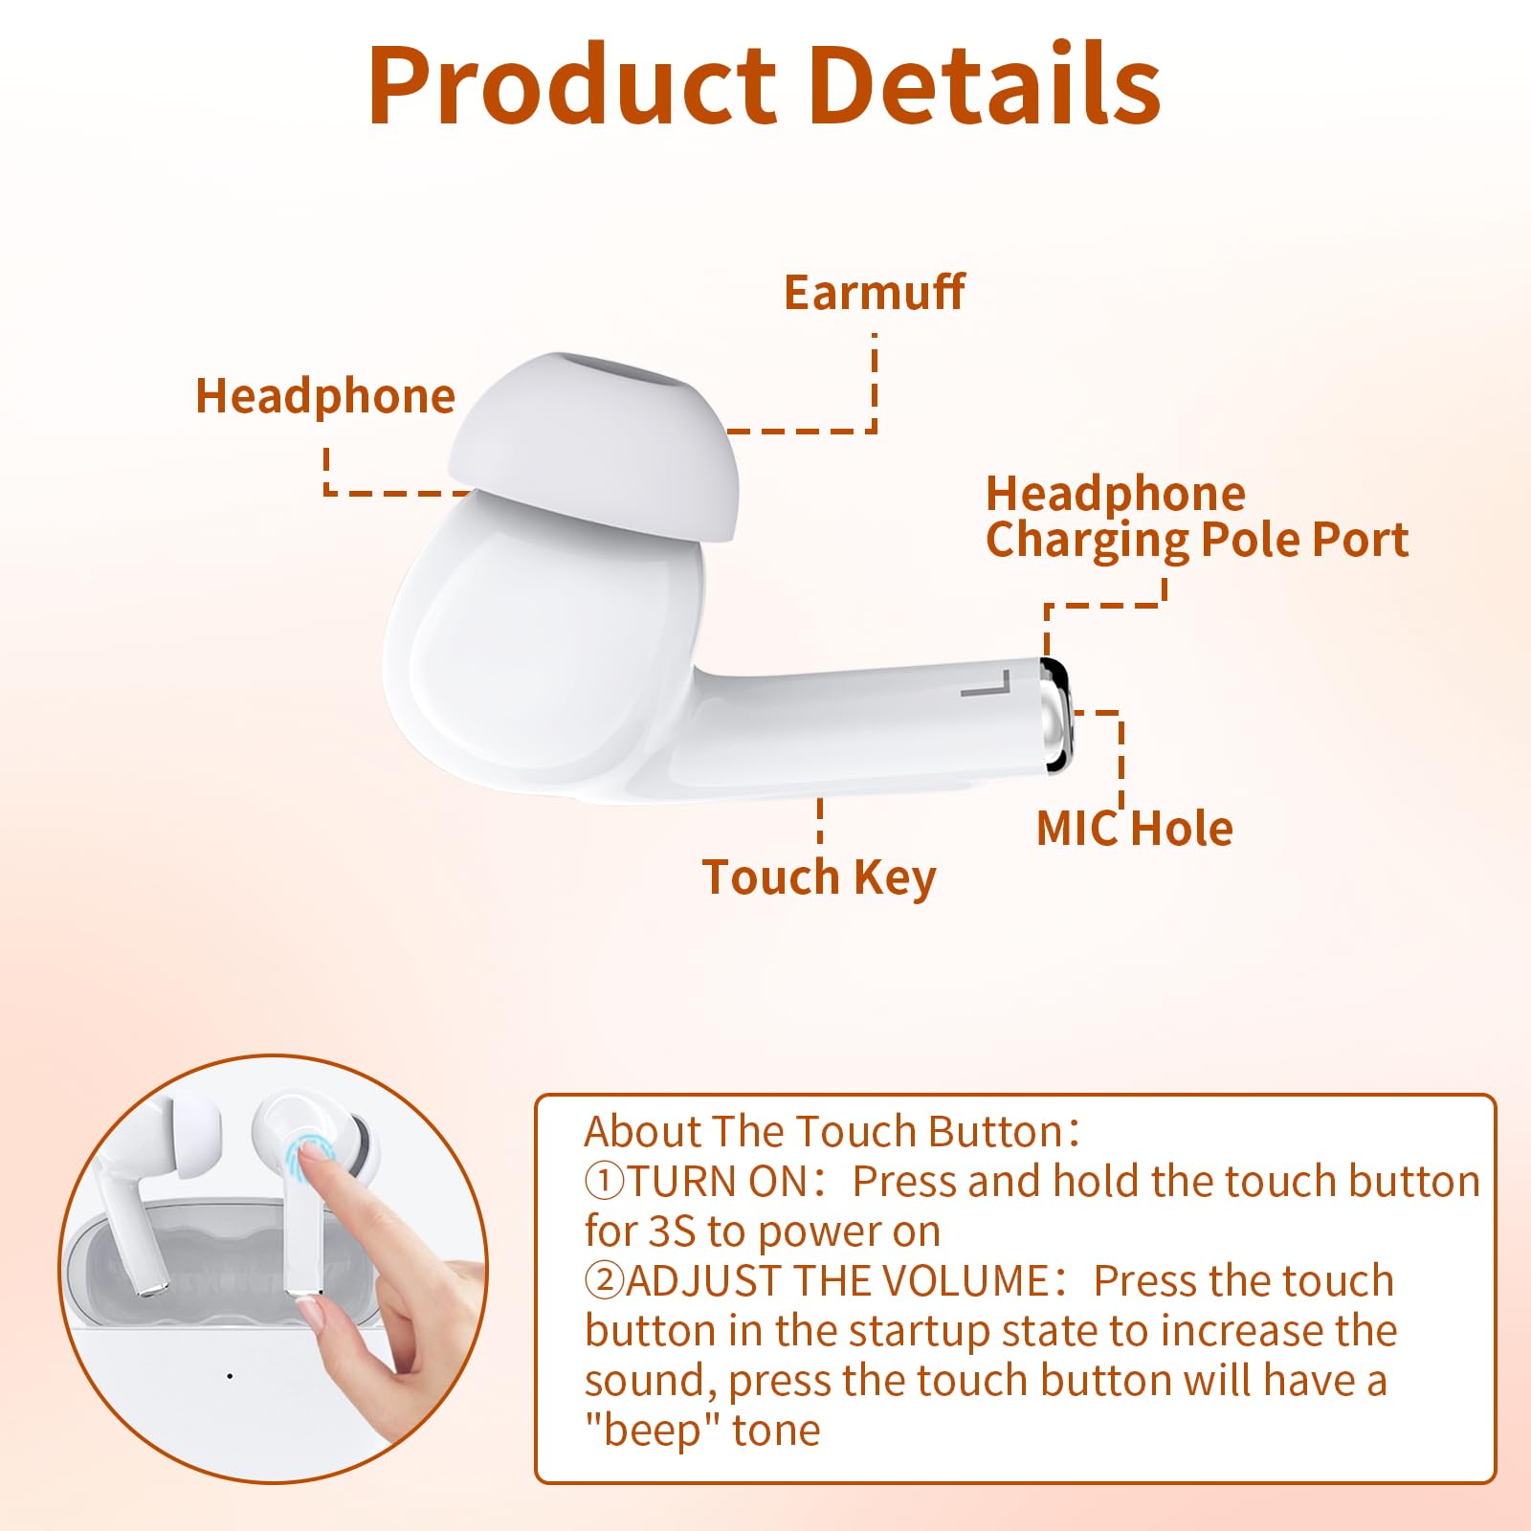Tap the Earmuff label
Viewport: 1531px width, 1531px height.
point(874,292)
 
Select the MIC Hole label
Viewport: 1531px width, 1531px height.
point(1135,829)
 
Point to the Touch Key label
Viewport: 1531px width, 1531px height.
point(819,877)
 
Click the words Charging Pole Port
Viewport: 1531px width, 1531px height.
point(1196,540)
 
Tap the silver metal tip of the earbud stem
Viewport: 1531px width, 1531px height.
point(1056,714)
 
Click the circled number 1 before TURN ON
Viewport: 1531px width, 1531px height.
point(604,1182)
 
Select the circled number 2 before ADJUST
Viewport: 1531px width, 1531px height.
point(604,1281)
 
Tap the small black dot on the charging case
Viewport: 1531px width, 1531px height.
point(230,1376)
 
